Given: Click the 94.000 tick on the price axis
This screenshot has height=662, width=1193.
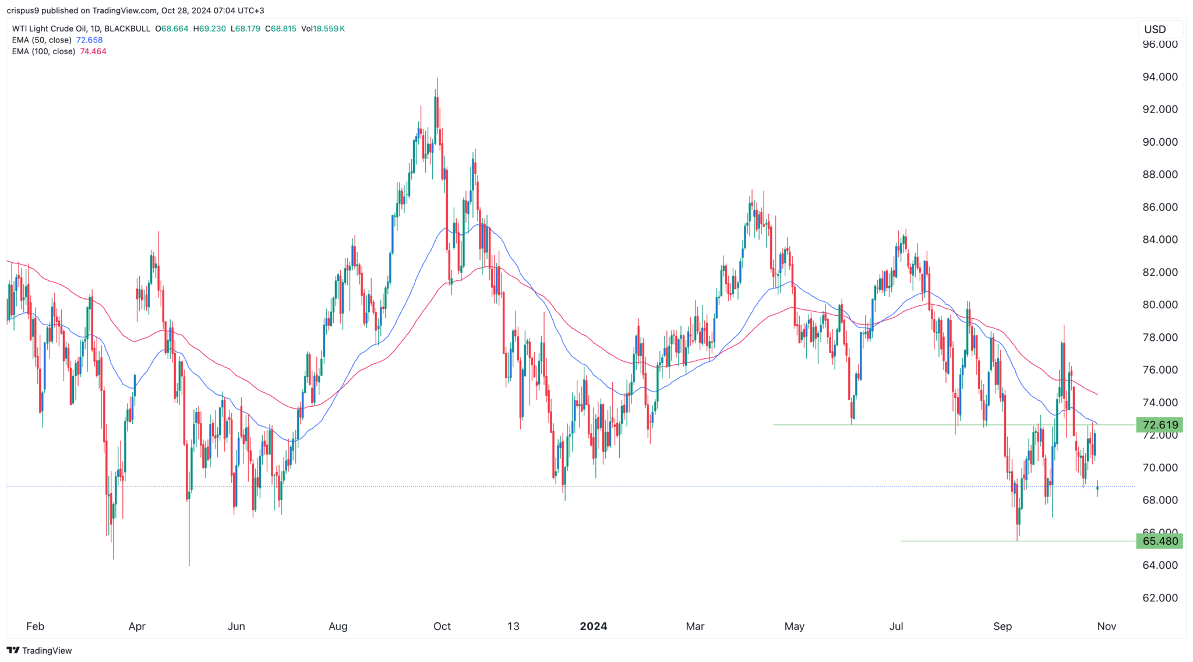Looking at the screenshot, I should click(x=1160, y=77).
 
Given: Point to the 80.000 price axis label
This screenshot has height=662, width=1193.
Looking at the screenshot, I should click(x=1160, y=305).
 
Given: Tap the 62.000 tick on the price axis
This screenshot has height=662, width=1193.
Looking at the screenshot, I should click(x=1160, y=598).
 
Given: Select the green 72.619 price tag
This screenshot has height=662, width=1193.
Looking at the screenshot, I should click(x=1160, y=425).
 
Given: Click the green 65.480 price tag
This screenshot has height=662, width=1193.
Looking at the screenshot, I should click(x=1160, y=541).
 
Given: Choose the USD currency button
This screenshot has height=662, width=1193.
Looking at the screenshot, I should click(x=1155, y=29).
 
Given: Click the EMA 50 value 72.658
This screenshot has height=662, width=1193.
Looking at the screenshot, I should click(x=89, y=40).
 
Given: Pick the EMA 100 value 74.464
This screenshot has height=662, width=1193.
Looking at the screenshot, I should click(x=93, y=51).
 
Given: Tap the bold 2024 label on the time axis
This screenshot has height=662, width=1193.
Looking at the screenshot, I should click(x=594, y=626).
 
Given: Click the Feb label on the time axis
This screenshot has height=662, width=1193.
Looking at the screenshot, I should click(x=35, y=626).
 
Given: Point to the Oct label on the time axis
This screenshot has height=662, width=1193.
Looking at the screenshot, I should click(x=442, y=626).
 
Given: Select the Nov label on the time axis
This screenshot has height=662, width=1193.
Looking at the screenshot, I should click(x=1106, y=626).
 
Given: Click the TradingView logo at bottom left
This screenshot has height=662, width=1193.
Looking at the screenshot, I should click(x=40, y=650).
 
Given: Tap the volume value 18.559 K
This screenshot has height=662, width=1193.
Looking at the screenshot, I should click(x=329, y=29).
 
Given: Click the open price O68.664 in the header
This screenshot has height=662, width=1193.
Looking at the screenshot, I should click(x=172, y=29).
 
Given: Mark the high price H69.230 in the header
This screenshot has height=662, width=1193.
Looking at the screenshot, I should click(x=209, y=29).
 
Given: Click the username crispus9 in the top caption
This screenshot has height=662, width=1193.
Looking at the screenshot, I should click(x=23, y=10).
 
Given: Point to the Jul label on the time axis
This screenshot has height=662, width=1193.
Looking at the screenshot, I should click(x=896, y=626).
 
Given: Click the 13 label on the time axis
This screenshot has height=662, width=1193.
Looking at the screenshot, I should click(x=513, y=626).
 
